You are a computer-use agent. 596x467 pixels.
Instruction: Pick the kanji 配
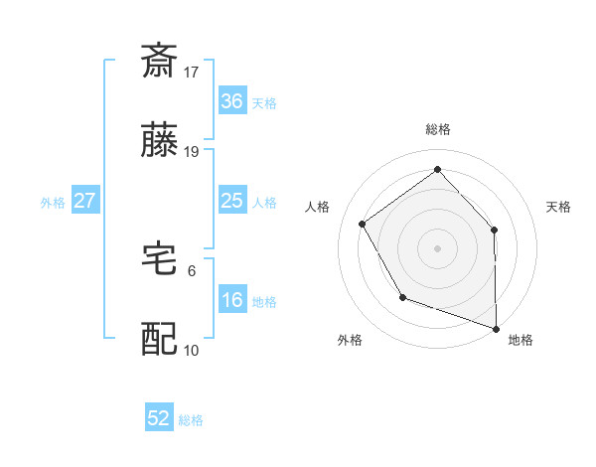coord(159,339)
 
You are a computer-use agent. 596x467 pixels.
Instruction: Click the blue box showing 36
coord(231,100)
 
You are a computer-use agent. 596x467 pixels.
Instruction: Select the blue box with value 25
coord(231,201)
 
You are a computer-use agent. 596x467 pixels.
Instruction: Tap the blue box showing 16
coord(231,300)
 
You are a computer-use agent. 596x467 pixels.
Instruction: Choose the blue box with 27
coord(84,201)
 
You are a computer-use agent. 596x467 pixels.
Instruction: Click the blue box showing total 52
coord(159,418)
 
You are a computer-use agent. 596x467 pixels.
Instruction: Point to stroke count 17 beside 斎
coord(192,72)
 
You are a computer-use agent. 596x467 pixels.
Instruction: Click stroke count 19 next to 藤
coord(192,152)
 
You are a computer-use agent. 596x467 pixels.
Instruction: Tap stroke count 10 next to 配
coord(192,351)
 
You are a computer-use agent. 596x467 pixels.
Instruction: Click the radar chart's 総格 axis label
coord(437,129)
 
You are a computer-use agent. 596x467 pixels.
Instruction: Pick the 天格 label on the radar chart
coord(558,207)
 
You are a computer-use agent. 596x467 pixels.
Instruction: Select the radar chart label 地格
coord(521,340)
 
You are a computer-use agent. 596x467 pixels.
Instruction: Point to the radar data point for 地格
coord(496,327)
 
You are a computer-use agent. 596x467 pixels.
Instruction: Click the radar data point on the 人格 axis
coord(363,225)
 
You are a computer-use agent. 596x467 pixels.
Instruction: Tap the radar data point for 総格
coord(437,169)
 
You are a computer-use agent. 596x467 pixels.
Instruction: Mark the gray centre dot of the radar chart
coord(437,247)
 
